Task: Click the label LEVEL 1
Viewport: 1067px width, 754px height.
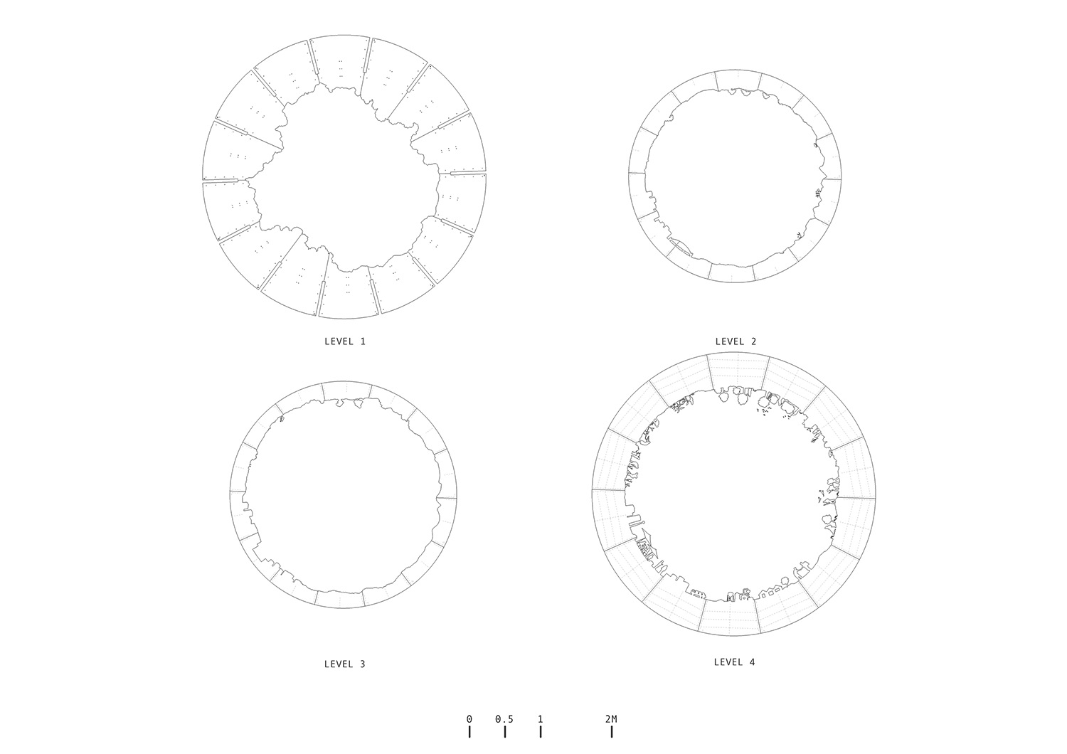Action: pyautogui.click(x=345, y=341)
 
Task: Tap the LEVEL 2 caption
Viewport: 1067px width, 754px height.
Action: pyautogui.click(x=736, y=341)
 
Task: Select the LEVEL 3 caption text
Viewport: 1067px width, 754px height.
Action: pyautogui.click(x=345, y=664)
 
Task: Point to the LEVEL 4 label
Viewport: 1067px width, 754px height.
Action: pyautogui.click(x=735, y=662)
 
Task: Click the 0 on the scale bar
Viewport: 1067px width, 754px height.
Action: pyautogui.click(x=469, y=719)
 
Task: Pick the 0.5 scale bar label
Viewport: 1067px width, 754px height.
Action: pyautogui.click(x=504, y=719)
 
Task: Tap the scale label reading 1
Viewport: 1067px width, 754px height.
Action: pyautogui.click(x=540, y=719)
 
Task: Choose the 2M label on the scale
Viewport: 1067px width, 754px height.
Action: pyautogui.click(x=611, y=719)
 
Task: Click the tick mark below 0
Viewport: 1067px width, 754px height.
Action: pyautogui.click(x=469, y=732)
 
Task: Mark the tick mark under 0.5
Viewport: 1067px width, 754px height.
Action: pyautogui.click(x=505, y=732)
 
